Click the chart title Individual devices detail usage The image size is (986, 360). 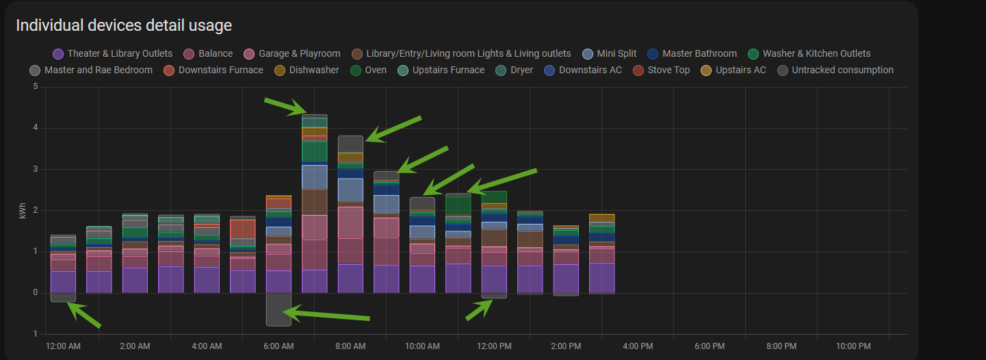click(124, 26)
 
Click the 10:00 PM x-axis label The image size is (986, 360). click(853, 346)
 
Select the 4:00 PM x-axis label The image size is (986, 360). click(637, 346)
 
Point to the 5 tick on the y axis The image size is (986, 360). click(36, 87)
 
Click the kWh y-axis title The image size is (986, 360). click(23, 211)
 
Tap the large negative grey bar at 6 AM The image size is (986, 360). click(278, 309)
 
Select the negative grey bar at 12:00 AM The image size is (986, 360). click(63, 297)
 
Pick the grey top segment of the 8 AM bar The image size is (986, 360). click(350, 144)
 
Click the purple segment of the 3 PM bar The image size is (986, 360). click(601, 278)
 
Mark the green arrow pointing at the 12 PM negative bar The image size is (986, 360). click(480, 310)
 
